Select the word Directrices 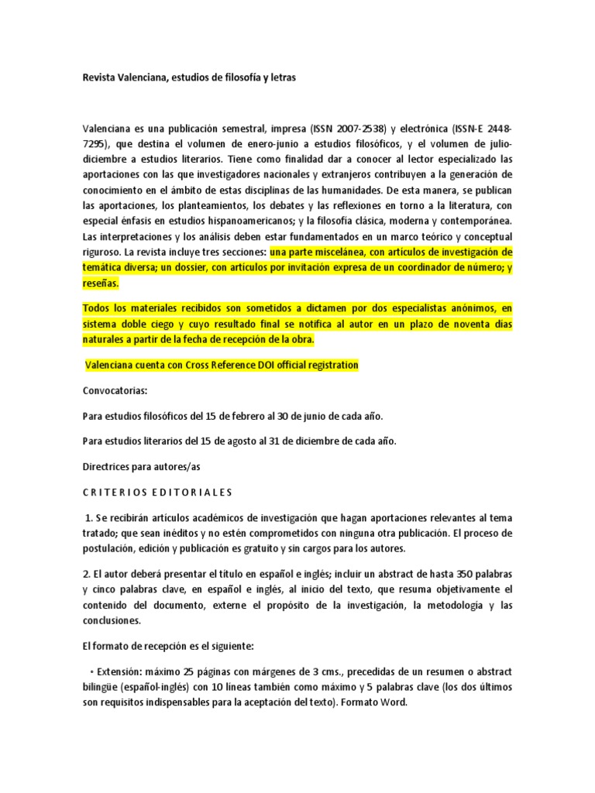click(x=109, y=467)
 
